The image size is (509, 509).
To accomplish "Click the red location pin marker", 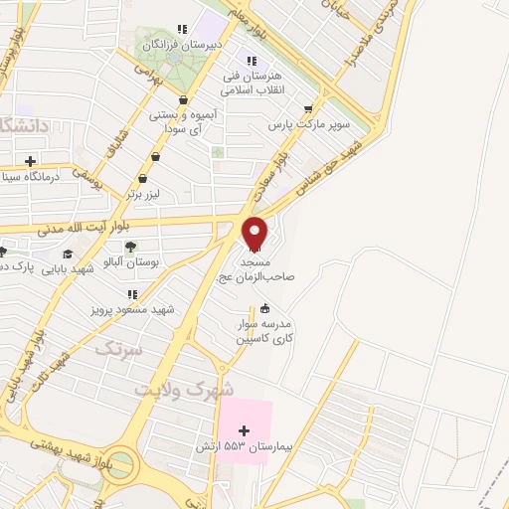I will pyautogui.click(x=255, y=233).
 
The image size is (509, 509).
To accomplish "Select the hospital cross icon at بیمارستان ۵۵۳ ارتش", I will pyautogui.click(x=245, y=429).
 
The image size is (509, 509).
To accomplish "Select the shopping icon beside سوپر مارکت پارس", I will pyautogui.click(x=308, y=108).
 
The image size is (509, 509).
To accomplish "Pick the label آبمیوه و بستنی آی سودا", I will pyautogui.click(x=182, y=122).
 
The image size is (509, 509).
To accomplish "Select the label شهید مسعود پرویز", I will pyautogui.click(x=131, y=309).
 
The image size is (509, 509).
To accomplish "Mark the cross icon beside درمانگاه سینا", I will pyautogui.click(x=31, y=160).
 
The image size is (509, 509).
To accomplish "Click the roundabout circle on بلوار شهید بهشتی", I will pyautogui.click(x=118, y=462).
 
